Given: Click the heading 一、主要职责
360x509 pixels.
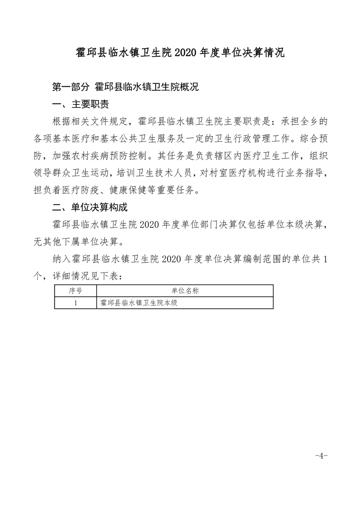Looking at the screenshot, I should tap(81, 105).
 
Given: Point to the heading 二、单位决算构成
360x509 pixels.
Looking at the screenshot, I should tap(90, 208).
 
